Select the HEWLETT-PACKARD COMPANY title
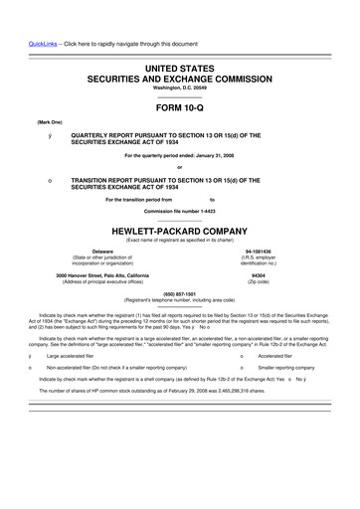tap(180, 228)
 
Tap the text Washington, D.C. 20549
tap(180, 86)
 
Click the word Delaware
tap(102, 252)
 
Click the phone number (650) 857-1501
tap(180, 293)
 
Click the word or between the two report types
tap(180, 166)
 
